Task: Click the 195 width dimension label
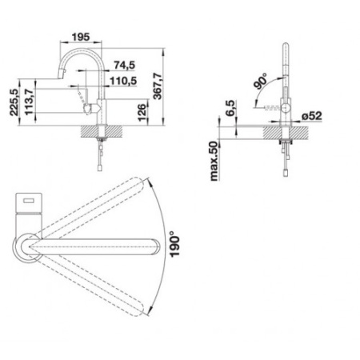(x=81, y=37)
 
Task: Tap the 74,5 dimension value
(x=125, y=65)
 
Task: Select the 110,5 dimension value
(x=123, y=81)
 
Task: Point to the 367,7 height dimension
(x=158, y=86)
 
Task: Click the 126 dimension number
(x=142, y=112)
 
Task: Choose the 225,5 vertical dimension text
(x=14, y=102)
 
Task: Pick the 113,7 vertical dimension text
(x=29, y=102)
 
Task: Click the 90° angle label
(x=260, y=81)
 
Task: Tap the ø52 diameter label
(x=312, y=116)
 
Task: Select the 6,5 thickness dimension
(x=230, y=108)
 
